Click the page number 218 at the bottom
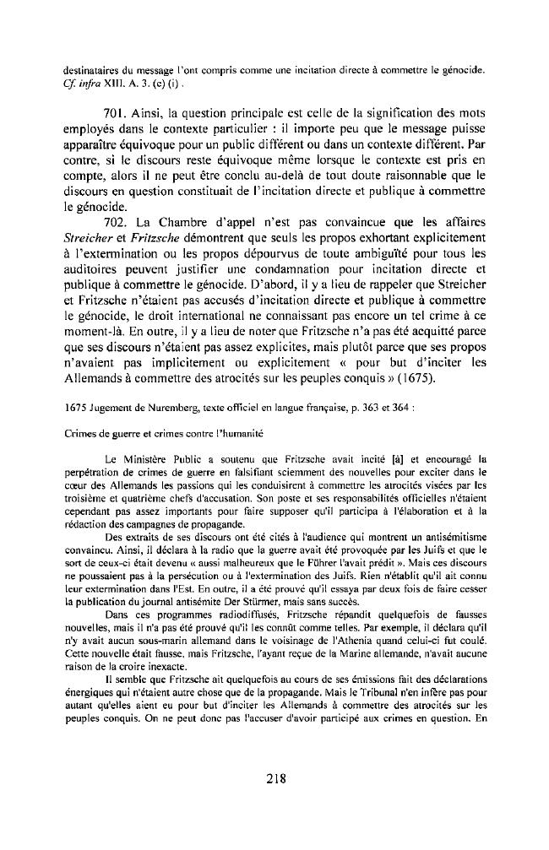coord(274,778)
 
